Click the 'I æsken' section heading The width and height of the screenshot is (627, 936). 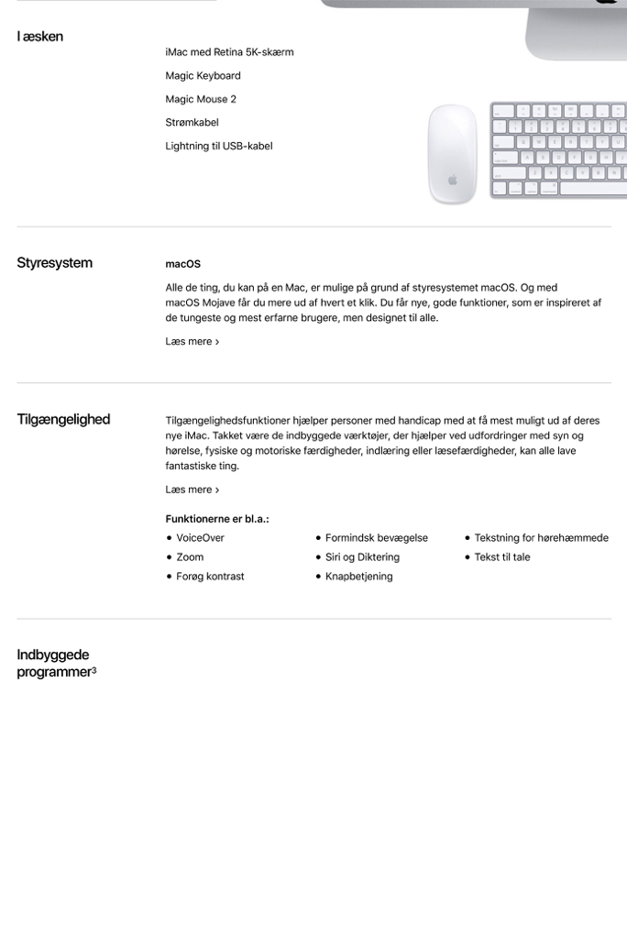40,37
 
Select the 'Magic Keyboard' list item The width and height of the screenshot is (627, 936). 203,75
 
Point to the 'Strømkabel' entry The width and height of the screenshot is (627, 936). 192,122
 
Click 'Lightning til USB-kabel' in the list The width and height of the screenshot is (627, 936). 218,146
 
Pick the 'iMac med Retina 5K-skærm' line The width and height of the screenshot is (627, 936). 229,52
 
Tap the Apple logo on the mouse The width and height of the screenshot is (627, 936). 453,179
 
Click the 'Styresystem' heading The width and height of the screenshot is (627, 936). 54,263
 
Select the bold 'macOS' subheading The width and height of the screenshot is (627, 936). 182,264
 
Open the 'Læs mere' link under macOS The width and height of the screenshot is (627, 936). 192,342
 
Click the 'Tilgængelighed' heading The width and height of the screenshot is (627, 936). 63,420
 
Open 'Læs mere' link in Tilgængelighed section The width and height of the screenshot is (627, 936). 192,490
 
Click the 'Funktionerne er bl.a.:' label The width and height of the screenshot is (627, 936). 216,519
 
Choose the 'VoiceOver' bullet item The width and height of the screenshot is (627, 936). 200,538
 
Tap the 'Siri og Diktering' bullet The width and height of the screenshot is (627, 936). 362,557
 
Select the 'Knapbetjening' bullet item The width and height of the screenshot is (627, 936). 358,577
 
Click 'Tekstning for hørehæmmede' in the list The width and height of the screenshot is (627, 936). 541,538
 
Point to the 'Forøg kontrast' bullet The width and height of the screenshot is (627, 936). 210,577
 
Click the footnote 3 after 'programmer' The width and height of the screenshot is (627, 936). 93,670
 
